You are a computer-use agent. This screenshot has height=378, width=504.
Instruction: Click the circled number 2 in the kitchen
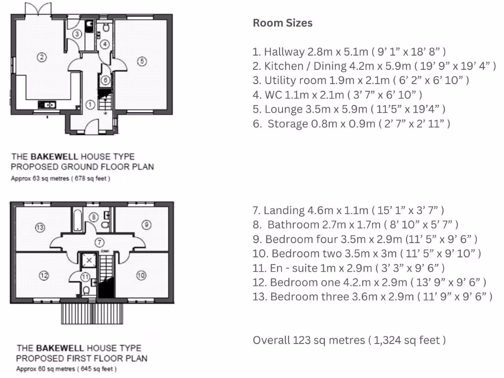(x=42, y=57)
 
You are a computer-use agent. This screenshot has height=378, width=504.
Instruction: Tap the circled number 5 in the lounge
(x=142, y=61)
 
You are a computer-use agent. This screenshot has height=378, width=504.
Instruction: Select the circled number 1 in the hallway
(x=90, y=104)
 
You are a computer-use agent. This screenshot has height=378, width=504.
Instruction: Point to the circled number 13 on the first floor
(x=40, y=227)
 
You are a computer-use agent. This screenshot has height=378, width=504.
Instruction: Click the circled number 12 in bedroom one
(x=44, y=276)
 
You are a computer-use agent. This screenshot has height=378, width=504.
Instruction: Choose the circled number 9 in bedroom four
(x=146, y=224)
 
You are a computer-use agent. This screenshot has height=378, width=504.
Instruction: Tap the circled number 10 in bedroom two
(x=141, y=276)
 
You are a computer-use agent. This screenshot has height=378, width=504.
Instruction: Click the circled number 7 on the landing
(x=99, y=242)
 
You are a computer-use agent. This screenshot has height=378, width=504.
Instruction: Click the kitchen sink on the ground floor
(x=48, y=104)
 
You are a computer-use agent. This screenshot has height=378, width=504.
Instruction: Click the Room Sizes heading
(x=283, y=23)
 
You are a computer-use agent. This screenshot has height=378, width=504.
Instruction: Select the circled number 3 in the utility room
(x=78, y=34)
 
